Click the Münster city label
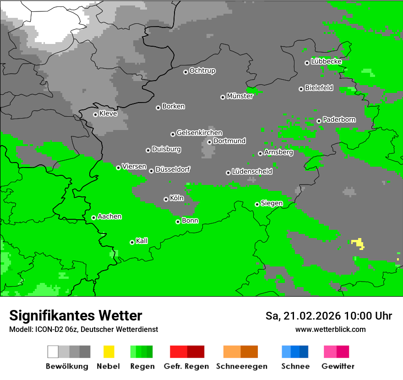[240, 96]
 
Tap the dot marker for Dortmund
[209, 142]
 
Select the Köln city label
[176, 198]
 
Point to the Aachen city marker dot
[93, 217]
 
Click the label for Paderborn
[339, 119]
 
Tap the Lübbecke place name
[326, 61]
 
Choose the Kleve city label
[108, 114]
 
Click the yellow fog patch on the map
[358, 243]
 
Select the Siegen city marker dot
[257, 204]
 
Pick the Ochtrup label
[202, 71]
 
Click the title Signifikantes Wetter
[76, 315]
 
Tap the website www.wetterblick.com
[330, 329]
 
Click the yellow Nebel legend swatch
[109, 352]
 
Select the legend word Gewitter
[338, 366]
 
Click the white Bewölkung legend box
[53, 352]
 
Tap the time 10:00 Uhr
[368, 316]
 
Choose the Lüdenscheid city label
[252, 171]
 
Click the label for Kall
[142, 241]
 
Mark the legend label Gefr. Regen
[186, 366]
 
